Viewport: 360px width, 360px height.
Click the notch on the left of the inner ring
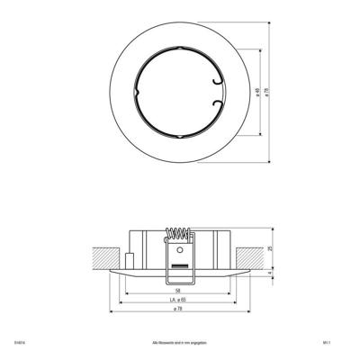(x=137, y=94)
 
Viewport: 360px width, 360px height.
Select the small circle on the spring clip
(x=180, y=252)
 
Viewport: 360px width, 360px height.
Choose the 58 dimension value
(x=180, y=289)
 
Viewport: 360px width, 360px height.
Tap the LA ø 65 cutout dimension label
(x=179, y=300)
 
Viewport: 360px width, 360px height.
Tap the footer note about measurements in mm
(x=179, y=343)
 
